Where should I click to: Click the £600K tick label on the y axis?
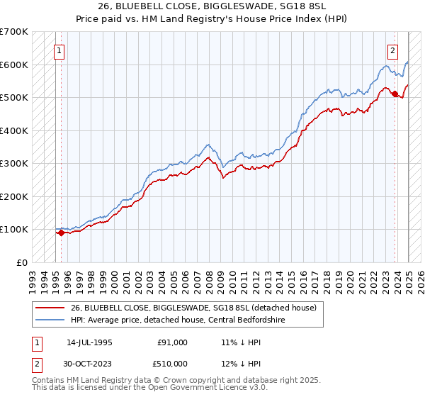(13, 65)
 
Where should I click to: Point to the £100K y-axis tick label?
(13, 229)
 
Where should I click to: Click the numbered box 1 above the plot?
(60, 50)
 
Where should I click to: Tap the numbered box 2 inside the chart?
(392, 50)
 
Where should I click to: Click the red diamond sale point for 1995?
(61, 232)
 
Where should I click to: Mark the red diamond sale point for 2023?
(395, 94)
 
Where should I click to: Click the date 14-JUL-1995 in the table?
(89, 342)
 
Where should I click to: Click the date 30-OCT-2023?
(89, 364)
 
